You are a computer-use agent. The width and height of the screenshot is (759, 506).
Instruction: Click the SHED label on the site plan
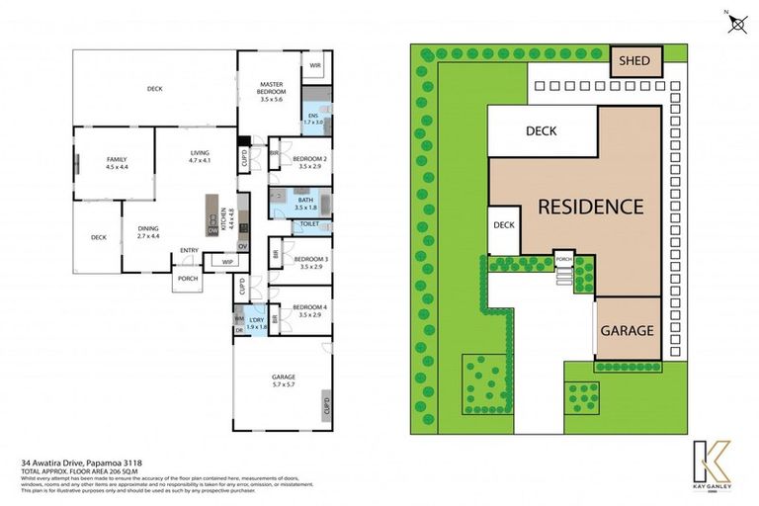[634, 61]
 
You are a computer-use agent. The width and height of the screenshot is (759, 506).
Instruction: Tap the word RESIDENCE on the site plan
[591, 208]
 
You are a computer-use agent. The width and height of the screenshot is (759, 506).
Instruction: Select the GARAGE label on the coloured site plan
[628, 330]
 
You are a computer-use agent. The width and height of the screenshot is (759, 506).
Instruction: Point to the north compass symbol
[734, 22]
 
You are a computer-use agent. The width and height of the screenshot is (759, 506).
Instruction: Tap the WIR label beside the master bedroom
[315, 66]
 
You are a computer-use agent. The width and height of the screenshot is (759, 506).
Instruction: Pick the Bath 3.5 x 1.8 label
[304, 205]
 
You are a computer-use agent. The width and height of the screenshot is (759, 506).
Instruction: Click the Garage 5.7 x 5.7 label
[284, 381]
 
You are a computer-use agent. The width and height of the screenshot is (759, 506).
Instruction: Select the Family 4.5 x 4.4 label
[117, 163]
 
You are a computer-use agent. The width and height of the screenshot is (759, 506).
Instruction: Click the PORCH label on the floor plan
[187, 278]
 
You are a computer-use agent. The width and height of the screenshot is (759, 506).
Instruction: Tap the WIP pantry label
[226, 261]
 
